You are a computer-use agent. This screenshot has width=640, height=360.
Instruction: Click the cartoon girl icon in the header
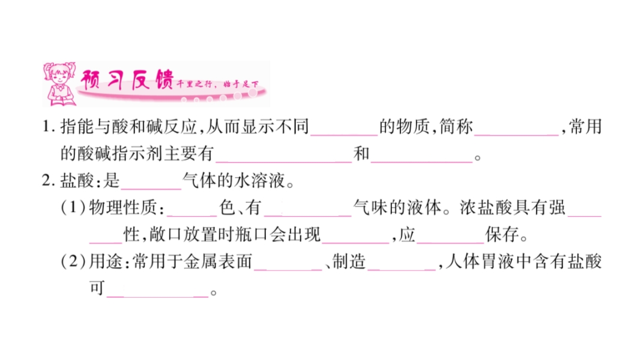[x=60, y=85]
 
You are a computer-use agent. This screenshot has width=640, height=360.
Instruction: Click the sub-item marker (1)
[x=73, y=208]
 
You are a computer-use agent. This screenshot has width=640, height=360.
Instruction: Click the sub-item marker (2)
[x=73, y=262]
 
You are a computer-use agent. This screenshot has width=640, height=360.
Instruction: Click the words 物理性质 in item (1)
[x=122, y=208]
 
